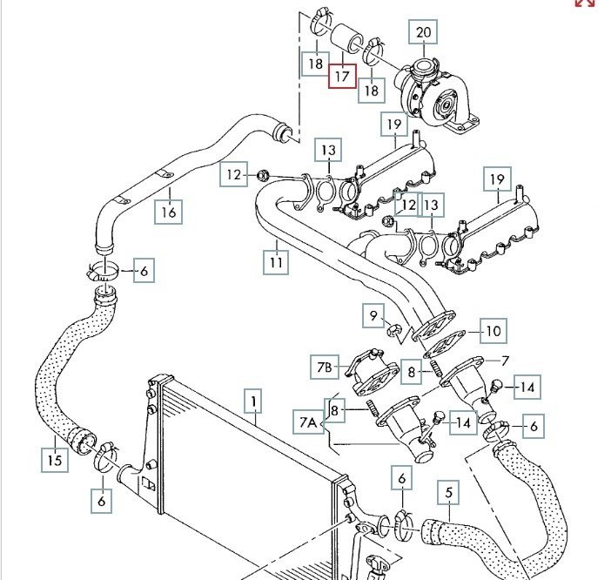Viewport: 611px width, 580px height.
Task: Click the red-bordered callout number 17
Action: tap(341, 76)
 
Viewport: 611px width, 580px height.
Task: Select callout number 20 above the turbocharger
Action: tap(424, 34)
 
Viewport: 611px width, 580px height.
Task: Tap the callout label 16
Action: tap(169, 210)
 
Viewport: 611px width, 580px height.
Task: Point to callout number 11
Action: tap(276, 260)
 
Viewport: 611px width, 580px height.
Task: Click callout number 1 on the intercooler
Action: tap(253, 401)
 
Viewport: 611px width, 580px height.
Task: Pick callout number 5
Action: tap(449, 494)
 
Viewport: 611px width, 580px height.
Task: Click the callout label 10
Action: tap(493, 331)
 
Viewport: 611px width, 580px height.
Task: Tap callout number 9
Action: tap(375, 314)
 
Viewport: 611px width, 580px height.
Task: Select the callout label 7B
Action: tap(324, 368)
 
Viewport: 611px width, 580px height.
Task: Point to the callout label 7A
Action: tap(310, 424)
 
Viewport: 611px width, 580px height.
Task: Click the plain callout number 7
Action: tap(503, 360)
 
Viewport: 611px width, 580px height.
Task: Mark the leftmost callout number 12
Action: tap(232, 175)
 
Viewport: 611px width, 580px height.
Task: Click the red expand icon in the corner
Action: tap(584, 3)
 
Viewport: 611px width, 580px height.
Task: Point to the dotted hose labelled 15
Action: tap(52, 383)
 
